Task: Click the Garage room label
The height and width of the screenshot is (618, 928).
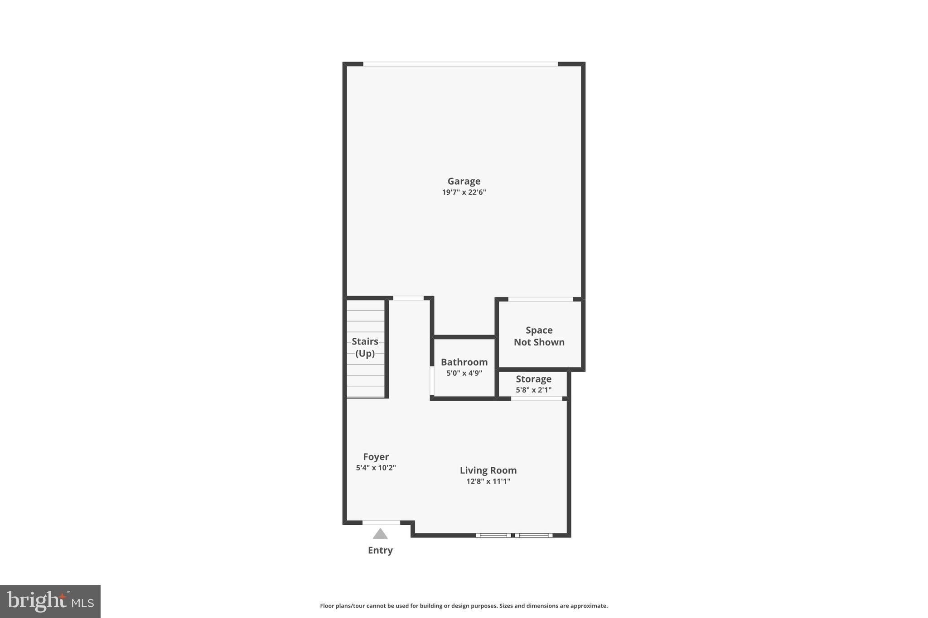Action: coord(464,181)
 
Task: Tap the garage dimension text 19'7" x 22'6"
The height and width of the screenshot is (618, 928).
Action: coord(464,192)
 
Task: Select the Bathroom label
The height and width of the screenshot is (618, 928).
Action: coord(464,362)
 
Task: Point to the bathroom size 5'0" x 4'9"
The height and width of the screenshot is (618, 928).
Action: coord(464,373)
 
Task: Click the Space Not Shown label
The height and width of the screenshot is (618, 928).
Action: coord(539,336)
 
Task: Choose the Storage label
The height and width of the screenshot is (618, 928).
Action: coord(533,379)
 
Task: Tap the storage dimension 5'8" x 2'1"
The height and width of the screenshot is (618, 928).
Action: coord(533,390)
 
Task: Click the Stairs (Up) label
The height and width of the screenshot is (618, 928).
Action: coord(365,347)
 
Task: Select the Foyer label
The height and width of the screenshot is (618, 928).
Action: coord(376,457)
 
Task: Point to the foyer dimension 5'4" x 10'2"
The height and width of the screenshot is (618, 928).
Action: coord(376,468)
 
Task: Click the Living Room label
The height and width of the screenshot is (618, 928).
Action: coord(488,470)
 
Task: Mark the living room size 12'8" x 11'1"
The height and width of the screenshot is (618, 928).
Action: coord(488,481)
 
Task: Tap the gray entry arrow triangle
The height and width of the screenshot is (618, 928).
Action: coord(380,534)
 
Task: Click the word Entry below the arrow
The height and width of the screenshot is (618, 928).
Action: coord(380,550)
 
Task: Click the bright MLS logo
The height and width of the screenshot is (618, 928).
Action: coord(50,601)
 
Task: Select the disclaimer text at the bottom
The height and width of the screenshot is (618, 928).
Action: coord(464,606)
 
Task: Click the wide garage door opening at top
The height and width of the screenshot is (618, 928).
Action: coord(460,64)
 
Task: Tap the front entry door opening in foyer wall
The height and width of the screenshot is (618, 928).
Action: coord(381,522)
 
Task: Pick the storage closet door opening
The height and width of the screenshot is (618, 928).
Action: coord(536,398)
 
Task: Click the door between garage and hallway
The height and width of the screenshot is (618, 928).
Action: coord(408,298)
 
